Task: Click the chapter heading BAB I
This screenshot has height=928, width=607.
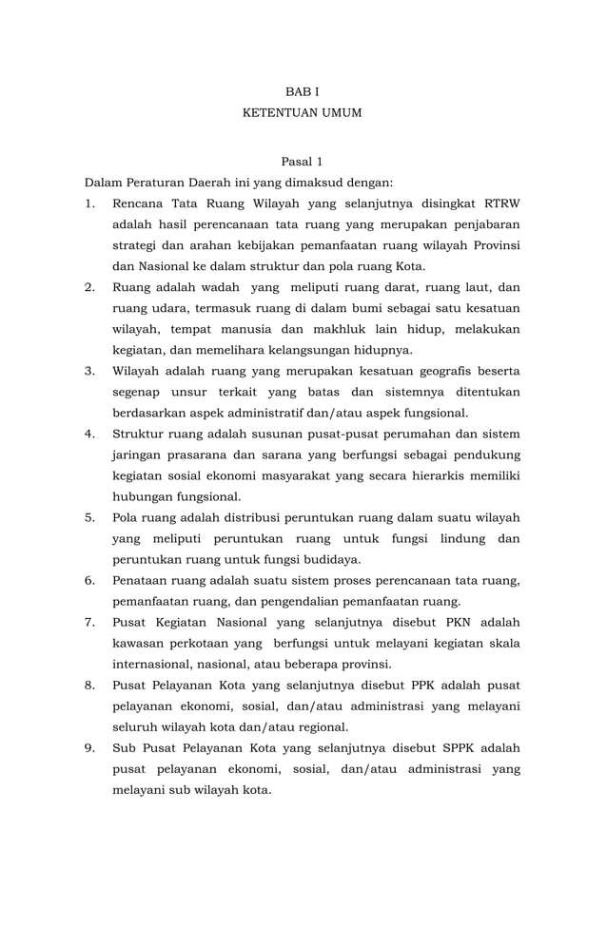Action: [x=303, y=91]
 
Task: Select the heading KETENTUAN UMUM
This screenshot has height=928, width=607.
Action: [x=303, y=113]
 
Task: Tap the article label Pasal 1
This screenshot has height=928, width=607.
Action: [x=303, y=162]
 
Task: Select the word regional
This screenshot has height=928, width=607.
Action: [x=304, y=726]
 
